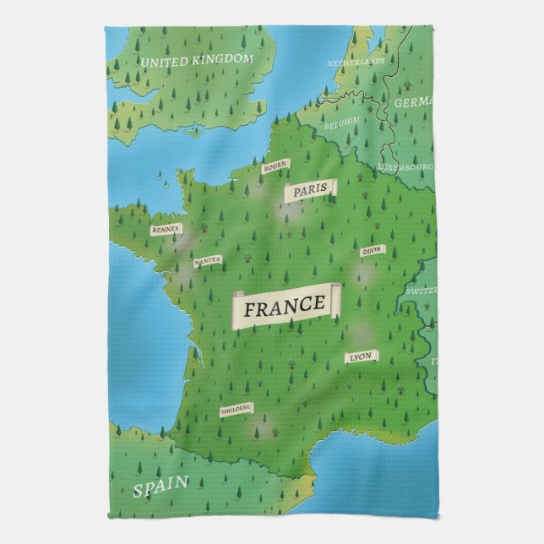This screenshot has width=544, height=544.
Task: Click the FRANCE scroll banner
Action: [285, 307]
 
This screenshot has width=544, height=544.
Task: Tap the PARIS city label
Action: [310, 193]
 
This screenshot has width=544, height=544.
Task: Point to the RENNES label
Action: [166, 229]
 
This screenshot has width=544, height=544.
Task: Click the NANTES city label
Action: [207, 261]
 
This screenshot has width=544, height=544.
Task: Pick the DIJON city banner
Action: [372, 251]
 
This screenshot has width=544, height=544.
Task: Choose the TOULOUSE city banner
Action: [236, 410]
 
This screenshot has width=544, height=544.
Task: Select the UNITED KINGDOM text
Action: [197, 60]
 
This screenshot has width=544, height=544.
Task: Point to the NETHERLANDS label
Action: [356, 63]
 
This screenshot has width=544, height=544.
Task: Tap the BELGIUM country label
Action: [341, 122]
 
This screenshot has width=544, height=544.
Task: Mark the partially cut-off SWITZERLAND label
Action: [422, 291]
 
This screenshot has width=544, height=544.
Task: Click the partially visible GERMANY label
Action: [415, 102]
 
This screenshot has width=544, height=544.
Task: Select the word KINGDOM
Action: [221, 59]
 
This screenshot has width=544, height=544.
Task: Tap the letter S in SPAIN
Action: [137, 490]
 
